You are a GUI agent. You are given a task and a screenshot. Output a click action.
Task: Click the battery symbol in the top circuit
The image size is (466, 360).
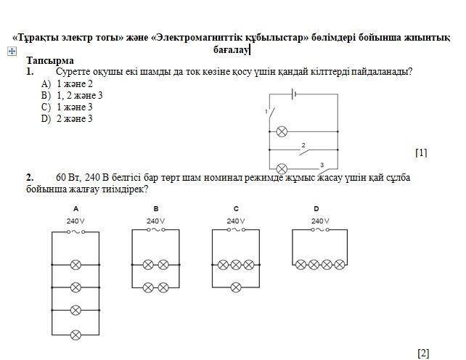coord(293,94)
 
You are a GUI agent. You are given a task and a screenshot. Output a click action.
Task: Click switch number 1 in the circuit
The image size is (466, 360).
coord(271,113)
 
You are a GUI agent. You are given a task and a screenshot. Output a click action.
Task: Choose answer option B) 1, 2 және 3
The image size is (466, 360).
coord(72,95)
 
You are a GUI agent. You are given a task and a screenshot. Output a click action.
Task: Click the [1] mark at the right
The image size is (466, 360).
coord(421,152)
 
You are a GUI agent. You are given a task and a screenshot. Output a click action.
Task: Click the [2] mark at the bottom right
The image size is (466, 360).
coord(424,353)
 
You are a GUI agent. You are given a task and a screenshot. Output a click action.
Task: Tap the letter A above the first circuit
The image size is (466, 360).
coord(75,209)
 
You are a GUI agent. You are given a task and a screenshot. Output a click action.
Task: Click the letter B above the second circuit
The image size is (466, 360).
coord(156,209)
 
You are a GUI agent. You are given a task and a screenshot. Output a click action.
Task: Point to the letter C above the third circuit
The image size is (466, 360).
coord(236,209)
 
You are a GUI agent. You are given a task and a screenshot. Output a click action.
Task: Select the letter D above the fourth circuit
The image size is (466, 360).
coord(316,209)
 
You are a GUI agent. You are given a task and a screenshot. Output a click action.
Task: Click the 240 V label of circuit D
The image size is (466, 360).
coord(319,221)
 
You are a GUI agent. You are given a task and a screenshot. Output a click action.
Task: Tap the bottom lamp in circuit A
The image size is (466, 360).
coord(75,335)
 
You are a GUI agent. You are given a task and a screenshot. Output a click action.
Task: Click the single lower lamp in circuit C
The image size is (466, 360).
coord(236,287)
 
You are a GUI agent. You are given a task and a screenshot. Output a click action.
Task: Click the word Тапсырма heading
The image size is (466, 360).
coord(50,61)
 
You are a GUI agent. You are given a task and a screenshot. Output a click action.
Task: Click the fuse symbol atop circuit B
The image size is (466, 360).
coord(156,231)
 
